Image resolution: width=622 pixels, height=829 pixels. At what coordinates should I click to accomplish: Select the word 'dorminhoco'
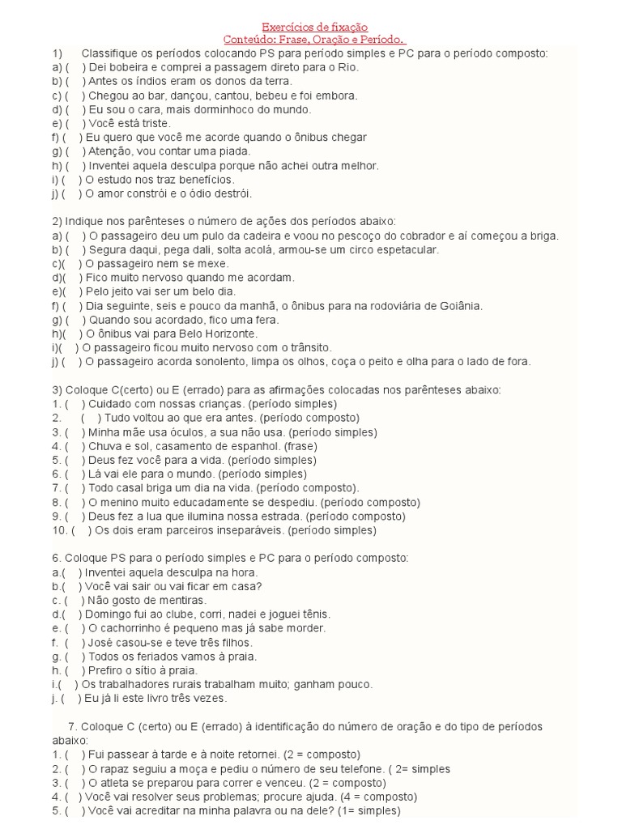coord(212,109)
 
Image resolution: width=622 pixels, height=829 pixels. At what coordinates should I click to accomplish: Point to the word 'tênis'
coord(313,614)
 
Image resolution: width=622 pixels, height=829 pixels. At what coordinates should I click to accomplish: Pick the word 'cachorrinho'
coord(129,628)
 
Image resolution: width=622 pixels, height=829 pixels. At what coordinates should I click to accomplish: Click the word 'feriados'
coord(148,657)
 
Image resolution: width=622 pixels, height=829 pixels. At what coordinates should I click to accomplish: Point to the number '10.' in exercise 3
coord(58,530)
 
